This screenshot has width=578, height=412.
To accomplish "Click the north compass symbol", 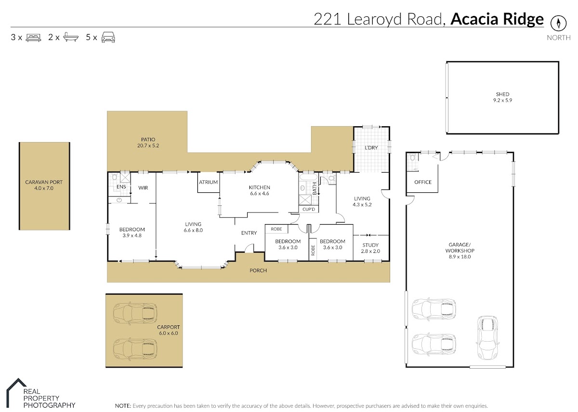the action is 558,23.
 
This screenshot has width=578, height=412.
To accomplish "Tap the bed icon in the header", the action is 34,38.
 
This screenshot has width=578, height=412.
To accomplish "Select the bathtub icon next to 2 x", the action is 71,37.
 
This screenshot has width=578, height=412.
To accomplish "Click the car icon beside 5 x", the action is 108,37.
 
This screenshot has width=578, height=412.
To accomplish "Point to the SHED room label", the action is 502,94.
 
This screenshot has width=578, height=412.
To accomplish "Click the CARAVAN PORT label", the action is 44,182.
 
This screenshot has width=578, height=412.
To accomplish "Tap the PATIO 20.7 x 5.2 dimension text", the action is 148,146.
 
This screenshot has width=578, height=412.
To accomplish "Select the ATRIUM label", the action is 208,182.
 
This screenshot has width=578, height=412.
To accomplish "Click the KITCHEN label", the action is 259,187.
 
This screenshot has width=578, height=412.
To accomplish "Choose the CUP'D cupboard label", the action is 309,209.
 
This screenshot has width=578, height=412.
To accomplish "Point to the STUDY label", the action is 370,245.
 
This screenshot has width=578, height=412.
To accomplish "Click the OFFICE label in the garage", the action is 423,182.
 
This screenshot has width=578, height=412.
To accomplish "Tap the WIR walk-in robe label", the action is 143,188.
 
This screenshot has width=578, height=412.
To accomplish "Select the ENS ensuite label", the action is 121,186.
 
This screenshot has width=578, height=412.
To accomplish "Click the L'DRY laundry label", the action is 371,147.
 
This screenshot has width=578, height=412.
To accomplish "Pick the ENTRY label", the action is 249,233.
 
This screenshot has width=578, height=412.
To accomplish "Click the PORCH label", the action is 258,270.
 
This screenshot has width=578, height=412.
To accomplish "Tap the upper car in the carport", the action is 135,314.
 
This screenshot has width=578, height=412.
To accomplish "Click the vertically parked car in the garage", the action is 487,337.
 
